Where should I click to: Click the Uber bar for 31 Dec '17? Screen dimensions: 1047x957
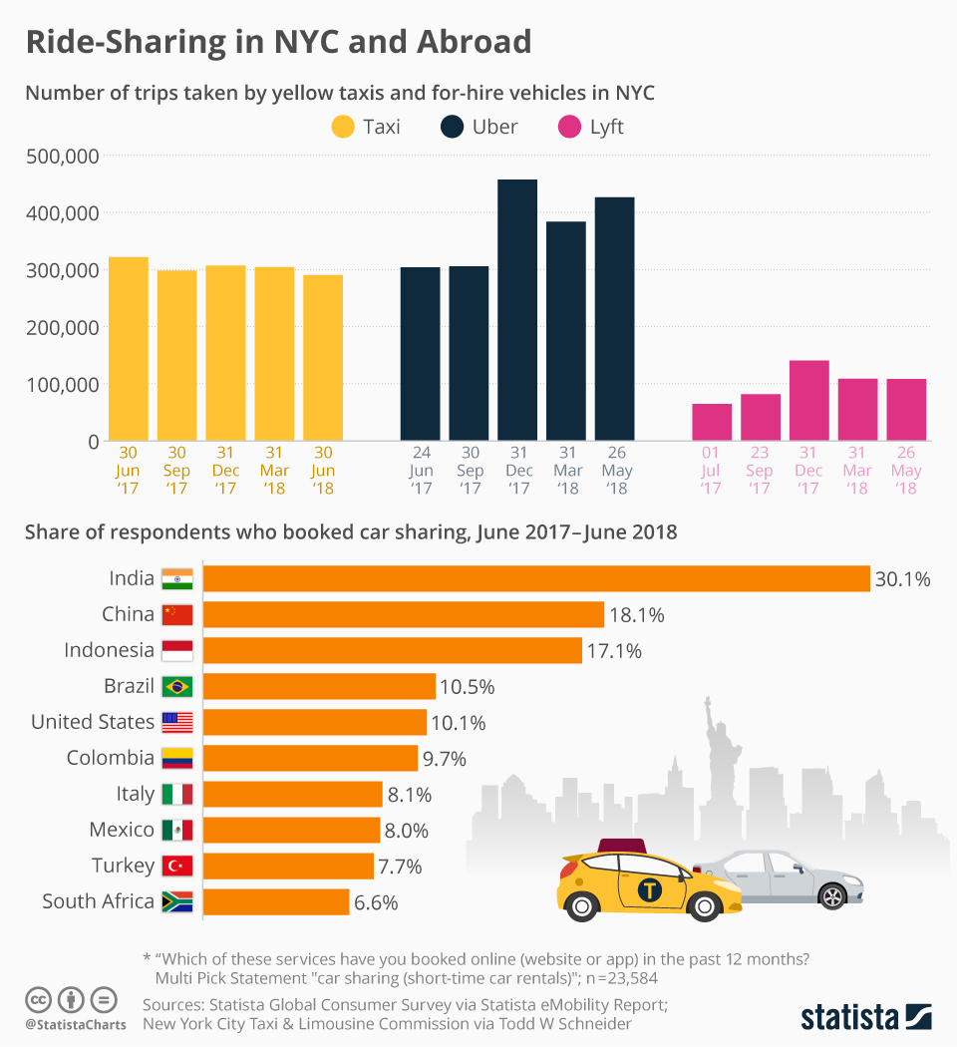click(x=517, y=310)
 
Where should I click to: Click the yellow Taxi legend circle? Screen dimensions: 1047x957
click(x=343, y=127)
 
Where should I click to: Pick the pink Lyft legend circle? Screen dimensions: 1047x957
click(x=570, y=127)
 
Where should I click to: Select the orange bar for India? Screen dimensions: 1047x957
click(x=536, y=578)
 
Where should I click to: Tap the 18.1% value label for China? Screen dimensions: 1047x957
click(x=636, y=614)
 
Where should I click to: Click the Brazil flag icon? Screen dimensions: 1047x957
click(x=177, y=686)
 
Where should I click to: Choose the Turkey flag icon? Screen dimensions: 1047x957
click(x=177, y=866)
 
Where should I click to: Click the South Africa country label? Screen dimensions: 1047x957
click(x=98, y=901)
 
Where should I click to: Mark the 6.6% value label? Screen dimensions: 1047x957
click(x=376, y=902)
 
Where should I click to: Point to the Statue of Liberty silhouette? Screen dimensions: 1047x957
click(x=713, y=738)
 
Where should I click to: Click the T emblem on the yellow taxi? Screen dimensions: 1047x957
click(x=651, y=889)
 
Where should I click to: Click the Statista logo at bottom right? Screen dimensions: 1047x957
click(x=865, y=1017)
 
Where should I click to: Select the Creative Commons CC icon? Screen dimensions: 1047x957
click(x=38, y=999)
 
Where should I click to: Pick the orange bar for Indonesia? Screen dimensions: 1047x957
click(x=393, y=650)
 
